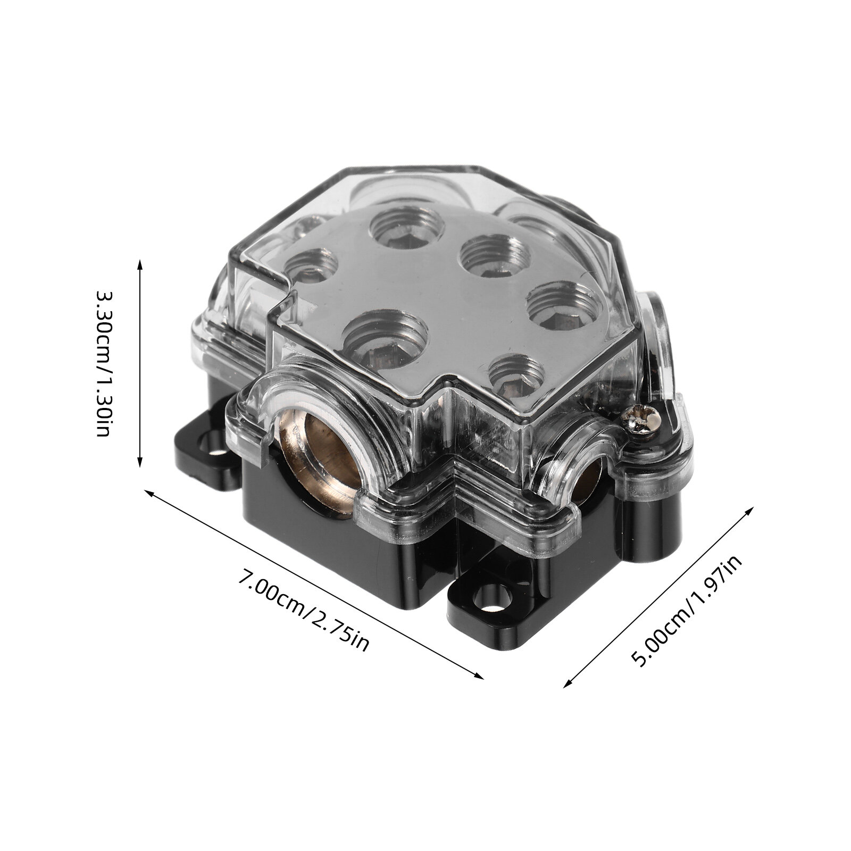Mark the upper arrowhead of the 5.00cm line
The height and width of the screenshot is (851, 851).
750,512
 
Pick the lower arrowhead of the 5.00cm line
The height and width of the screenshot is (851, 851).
568,683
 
